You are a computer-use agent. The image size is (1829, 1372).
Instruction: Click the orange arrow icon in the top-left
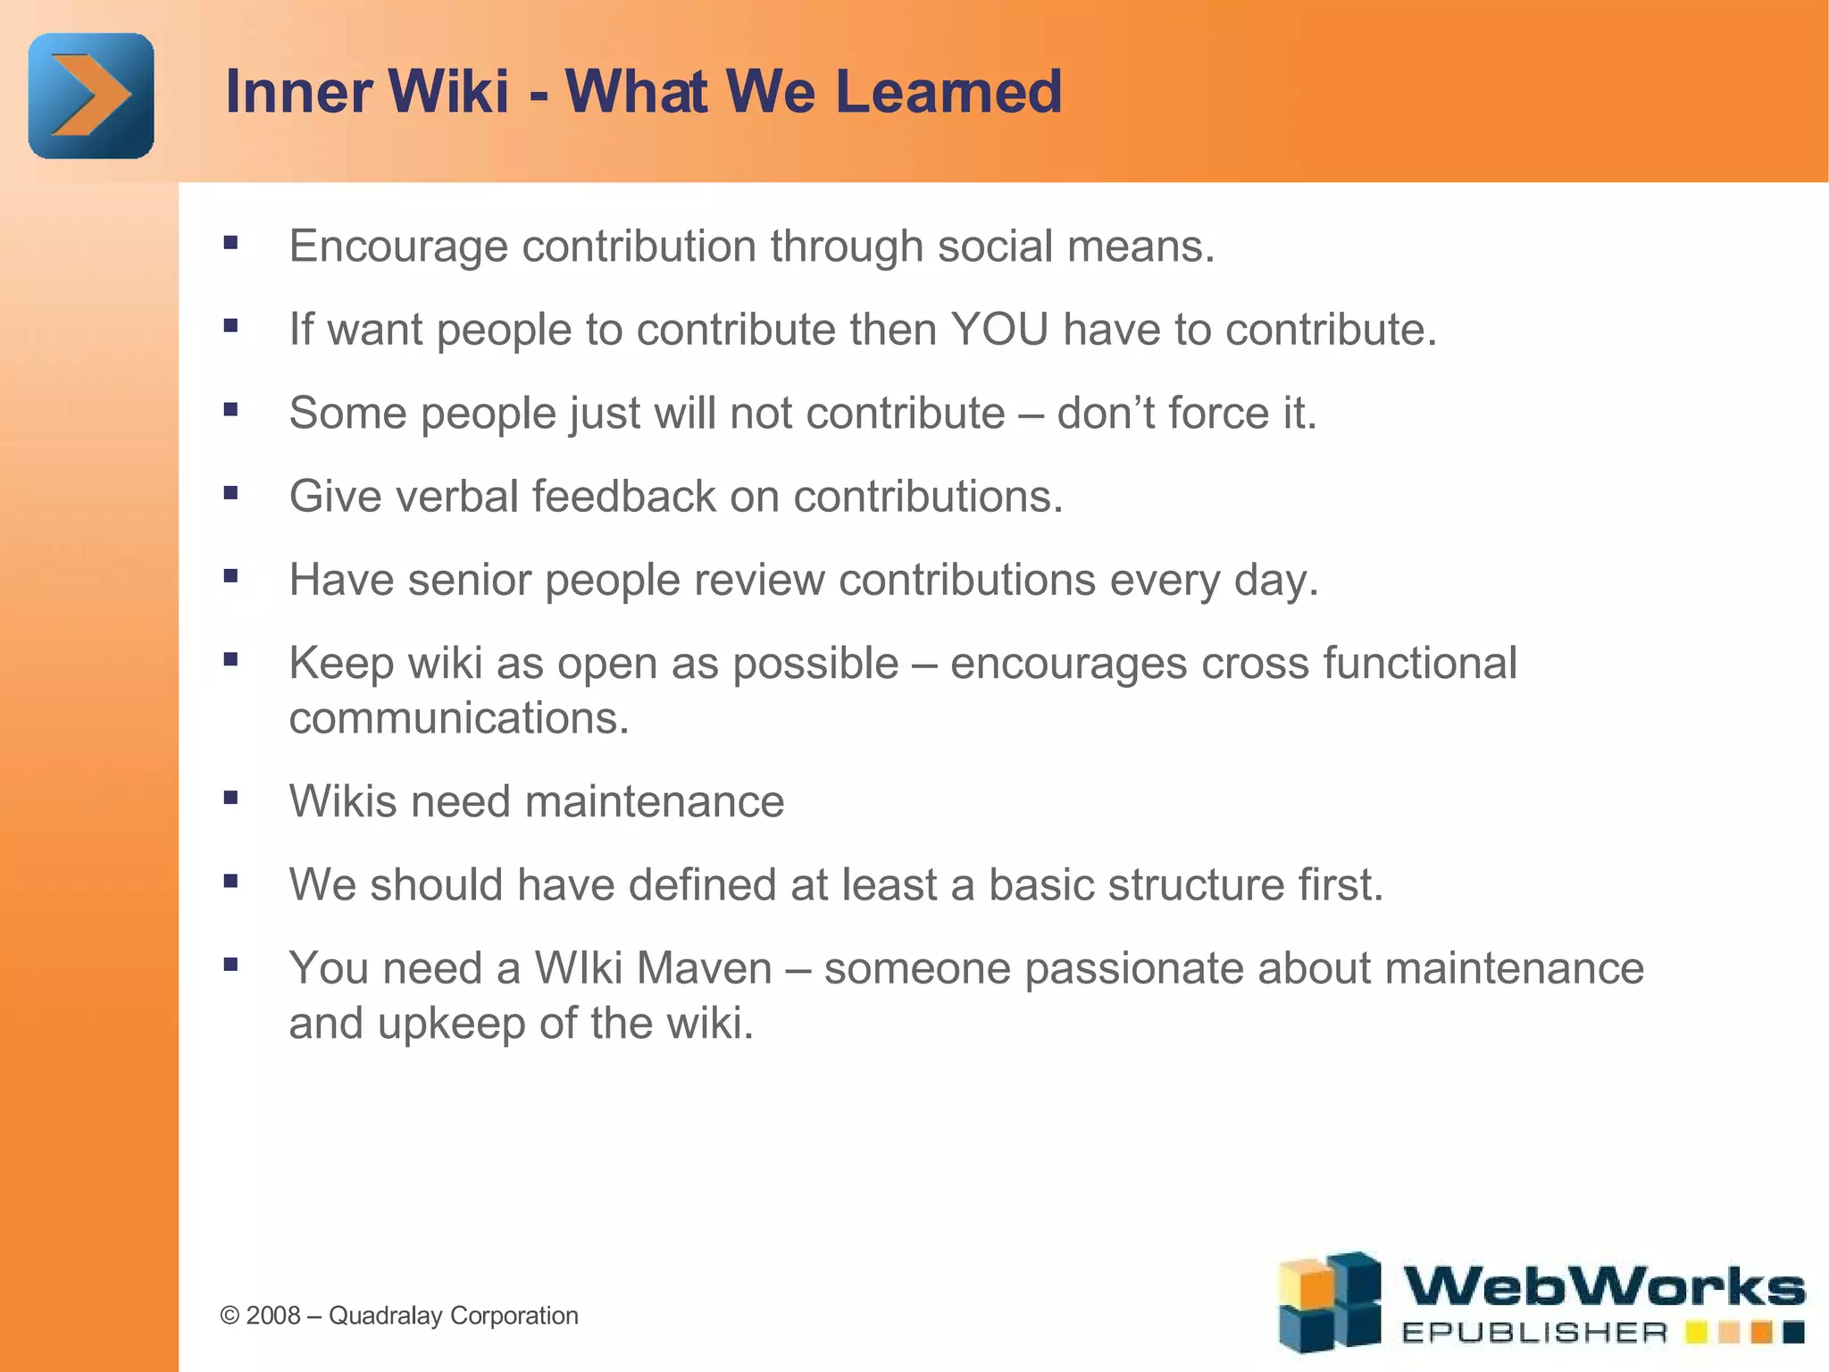pyautogui.click(x=91, y=96)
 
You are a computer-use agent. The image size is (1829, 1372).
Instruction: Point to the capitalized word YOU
pyautogui.click(x=999, y=330)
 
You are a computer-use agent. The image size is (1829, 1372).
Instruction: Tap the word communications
pyautogui.click(x=459, y=718)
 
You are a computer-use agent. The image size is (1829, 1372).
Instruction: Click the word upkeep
pyautogui.click(x=451, y=1024)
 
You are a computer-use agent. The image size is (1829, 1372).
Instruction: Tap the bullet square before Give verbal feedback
pyautogui.click(x=231, y=492)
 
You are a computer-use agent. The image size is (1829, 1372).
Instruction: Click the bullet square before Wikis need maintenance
pyautogui.click(x=231, y=797)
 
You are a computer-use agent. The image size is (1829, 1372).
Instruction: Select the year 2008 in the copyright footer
pyautogui.click(x=273, y=1316)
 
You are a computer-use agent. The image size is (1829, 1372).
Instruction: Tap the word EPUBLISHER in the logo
pyautogui.click(x=1534, y=1334)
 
